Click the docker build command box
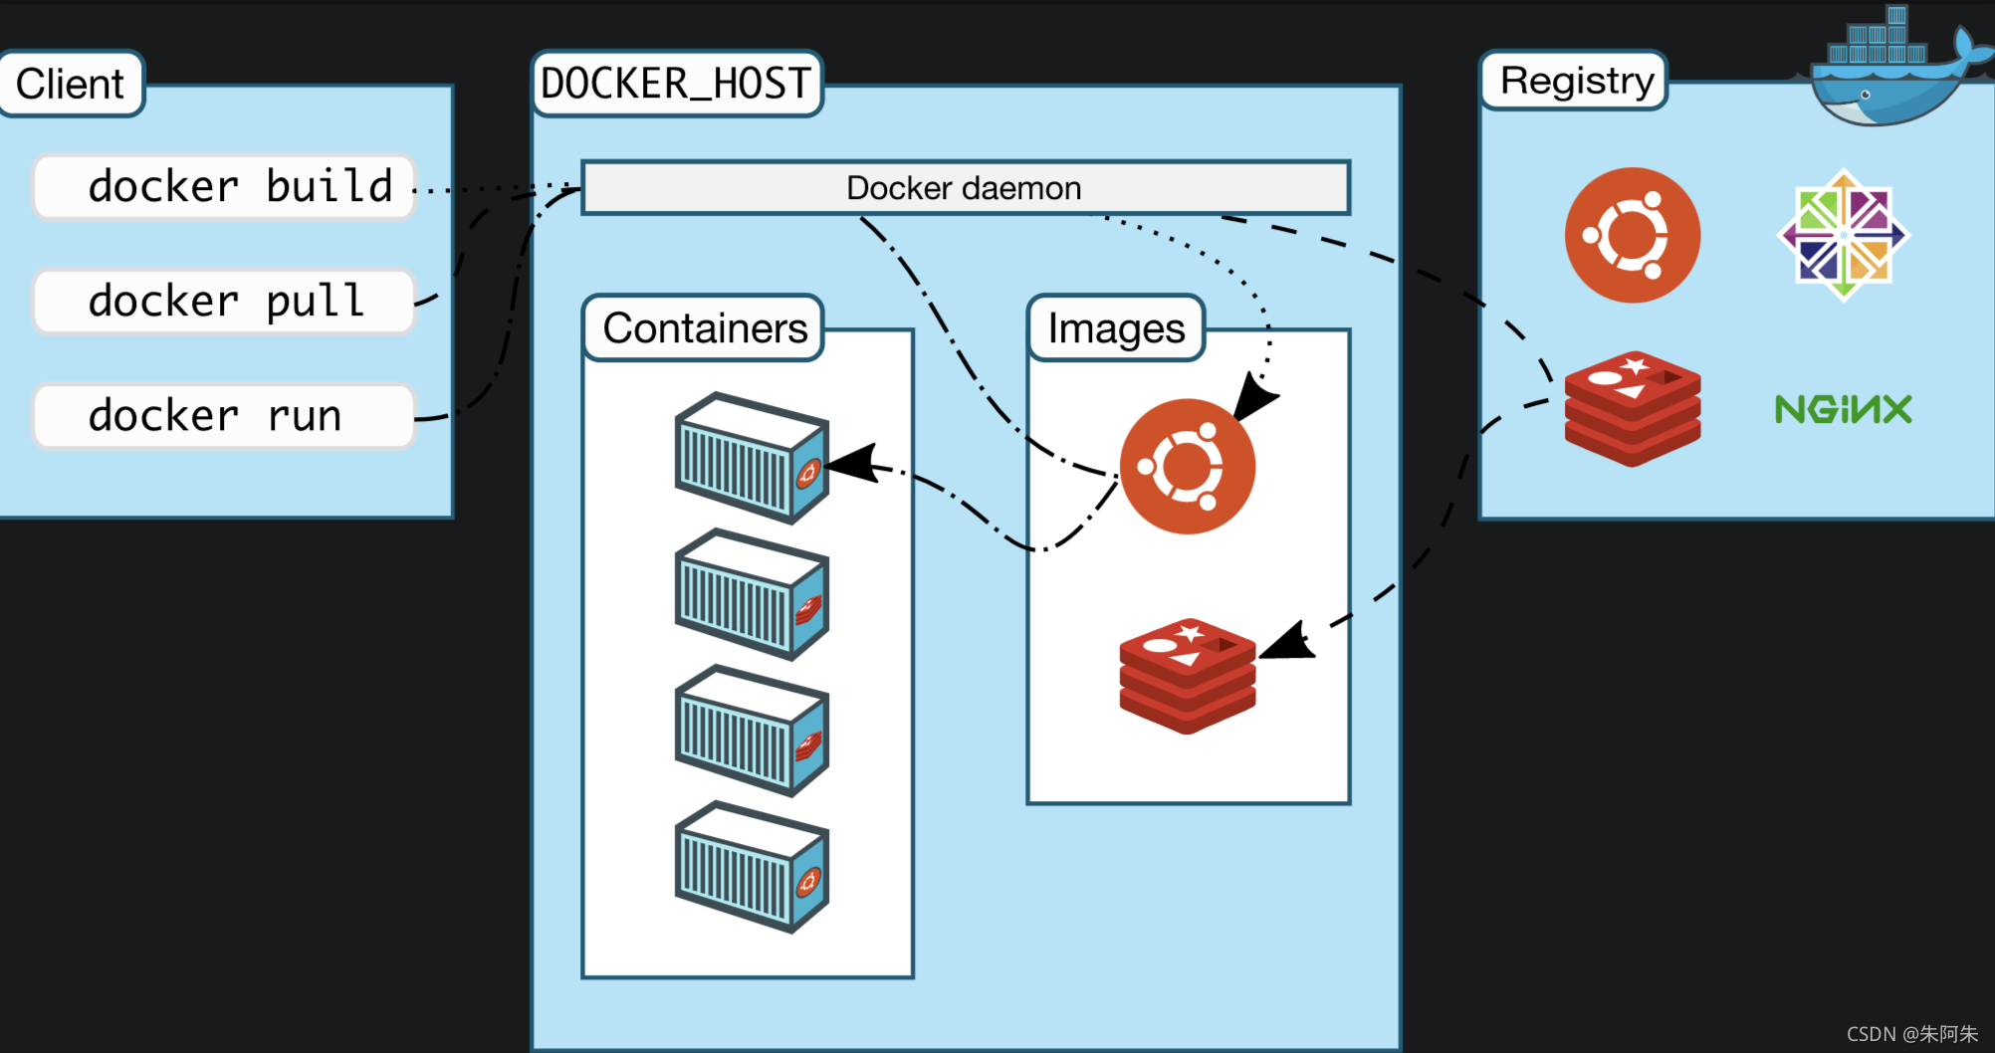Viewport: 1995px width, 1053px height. [224, 187]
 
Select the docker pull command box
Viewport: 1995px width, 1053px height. [224, 302]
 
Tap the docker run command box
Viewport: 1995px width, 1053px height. [224, 416]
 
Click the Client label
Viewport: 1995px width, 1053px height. [71, 84]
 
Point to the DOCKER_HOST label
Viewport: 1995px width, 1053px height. [677, 84]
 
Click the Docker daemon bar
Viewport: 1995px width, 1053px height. [966, 187]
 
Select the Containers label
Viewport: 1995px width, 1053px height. [704, 327]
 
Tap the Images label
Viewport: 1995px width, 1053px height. [1116, 327]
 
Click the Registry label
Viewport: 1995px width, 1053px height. [1575, 81]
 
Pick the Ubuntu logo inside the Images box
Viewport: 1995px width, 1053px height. [1188, 466]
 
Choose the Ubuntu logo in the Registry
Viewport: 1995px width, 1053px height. [1633, 235]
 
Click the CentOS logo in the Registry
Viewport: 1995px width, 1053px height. [1844, 235]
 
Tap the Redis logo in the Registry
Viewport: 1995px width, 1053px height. [1633, 409]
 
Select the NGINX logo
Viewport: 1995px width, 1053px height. [1844, 409]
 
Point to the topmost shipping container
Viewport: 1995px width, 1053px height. [752, 458]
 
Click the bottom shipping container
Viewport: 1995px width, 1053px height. [752, 867]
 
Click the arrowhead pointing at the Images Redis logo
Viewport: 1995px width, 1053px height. [1288, 642]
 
